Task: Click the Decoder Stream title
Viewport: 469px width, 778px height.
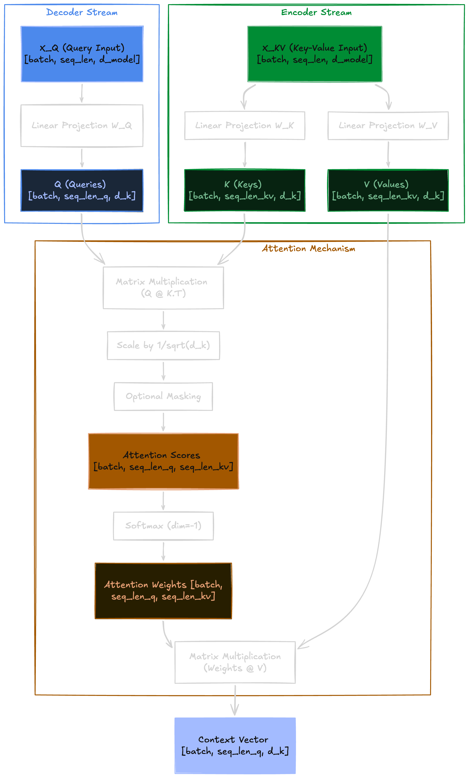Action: [x=82, y=12]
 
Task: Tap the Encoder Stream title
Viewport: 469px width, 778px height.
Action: [x=316, y=12]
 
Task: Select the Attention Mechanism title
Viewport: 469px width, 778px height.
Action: [x=308, y=248]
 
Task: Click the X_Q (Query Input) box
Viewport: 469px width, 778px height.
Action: [x=82, y=54]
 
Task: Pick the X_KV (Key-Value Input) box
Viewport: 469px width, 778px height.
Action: [x=315, y=54]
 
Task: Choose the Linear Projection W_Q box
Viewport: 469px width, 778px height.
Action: [x=82, y=126]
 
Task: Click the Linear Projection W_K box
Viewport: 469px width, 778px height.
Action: [x=245, y=126]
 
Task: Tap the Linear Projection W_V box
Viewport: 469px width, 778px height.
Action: [x=388, y=126]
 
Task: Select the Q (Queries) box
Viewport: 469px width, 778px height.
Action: [x=82, y=190]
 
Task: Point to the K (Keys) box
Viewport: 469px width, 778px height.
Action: [x=245, y=190]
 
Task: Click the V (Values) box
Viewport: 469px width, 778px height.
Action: [x=388, y=190]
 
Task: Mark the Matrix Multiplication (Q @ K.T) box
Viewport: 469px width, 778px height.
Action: [x=163, y=288]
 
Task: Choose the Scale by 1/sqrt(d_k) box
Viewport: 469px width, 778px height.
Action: [x=163, y=346]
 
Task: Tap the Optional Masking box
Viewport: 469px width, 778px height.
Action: [x=163, y=396]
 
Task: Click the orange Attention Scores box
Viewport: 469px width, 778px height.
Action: [x=163, y=461]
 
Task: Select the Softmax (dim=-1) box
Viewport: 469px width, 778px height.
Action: [x=163, y=526]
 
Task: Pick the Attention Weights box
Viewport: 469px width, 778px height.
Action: [x=163, y=590]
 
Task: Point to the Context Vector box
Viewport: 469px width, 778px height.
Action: [x=235, y=745]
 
